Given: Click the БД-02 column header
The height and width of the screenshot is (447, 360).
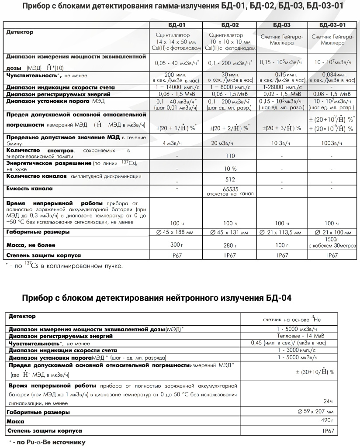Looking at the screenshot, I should (x=229, y=25).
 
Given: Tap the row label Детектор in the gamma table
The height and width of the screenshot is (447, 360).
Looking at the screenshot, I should (x=19, y=32).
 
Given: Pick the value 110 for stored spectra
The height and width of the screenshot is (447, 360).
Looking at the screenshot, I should (x=229, y=155).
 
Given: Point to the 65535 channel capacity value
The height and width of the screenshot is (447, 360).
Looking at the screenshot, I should (x=229, y=189).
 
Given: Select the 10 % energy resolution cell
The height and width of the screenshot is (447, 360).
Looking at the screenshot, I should (x=229, y=168).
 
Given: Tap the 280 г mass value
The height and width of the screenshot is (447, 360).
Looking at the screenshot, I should (x=229, y=245).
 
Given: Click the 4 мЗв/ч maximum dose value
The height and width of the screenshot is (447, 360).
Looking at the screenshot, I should (x=176, y=143).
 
